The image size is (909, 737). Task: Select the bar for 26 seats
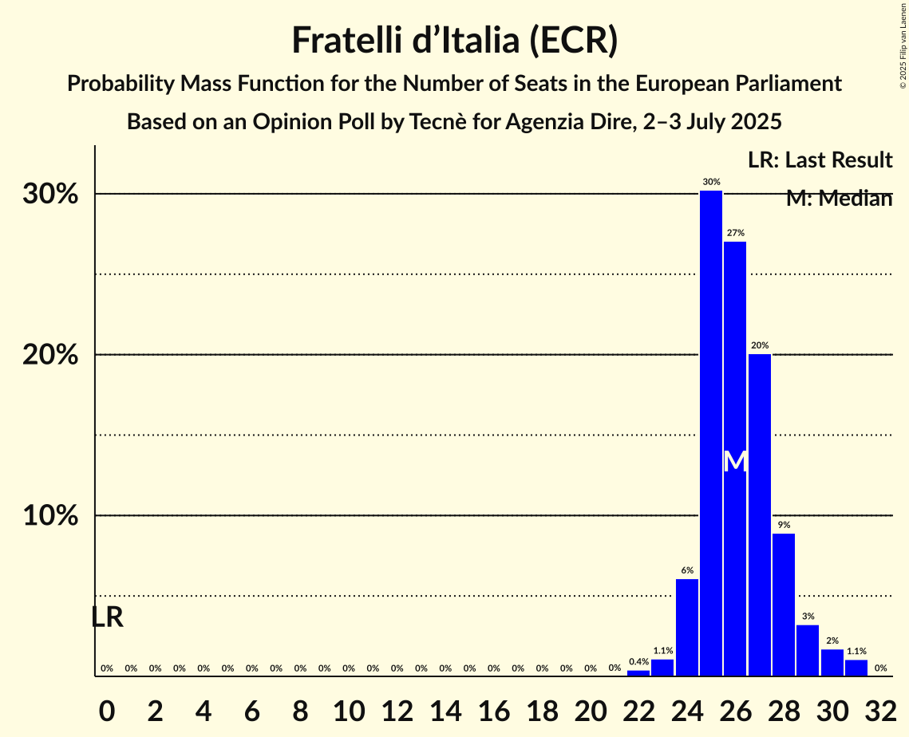[735, 459]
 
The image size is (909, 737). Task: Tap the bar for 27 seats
[760, 514]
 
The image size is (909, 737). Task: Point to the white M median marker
[735, 461]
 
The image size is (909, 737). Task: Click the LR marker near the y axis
[107, 617]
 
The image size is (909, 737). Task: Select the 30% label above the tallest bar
[711, 182]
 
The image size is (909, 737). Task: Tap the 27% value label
[735, 233]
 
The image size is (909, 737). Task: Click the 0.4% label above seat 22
[638, 662]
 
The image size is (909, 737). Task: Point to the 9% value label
[784, 525]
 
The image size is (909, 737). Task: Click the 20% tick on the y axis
[50, 355]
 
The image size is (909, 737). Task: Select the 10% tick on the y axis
[50, 516]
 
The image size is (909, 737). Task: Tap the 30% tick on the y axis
[50, 194]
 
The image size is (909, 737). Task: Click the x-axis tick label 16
[493, 708]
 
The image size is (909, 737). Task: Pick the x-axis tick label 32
[880, 708]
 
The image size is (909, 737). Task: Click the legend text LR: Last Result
[820, 160]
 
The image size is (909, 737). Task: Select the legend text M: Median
[839, 199]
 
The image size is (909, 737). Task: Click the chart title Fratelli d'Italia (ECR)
[454, 41]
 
